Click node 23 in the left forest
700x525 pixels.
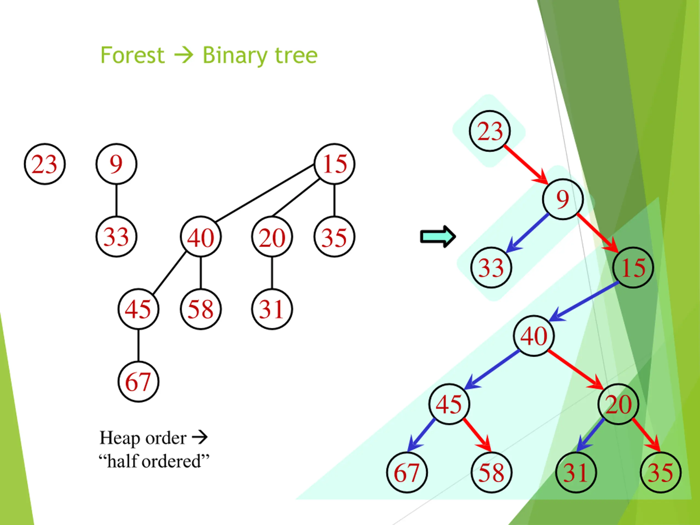45,164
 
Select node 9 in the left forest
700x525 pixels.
116,164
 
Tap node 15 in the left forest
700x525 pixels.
334,164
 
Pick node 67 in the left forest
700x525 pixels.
138,382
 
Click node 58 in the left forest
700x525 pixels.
201,309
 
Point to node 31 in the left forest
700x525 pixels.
272,309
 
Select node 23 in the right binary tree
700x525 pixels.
489,131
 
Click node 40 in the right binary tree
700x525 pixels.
533,336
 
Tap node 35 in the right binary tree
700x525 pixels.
660,472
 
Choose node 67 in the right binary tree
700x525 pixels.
407,472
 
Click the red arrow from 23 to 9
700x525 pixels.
525,165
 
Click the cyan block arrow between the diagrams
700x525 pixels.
438,237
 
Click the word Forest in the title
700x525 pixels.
132,56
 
